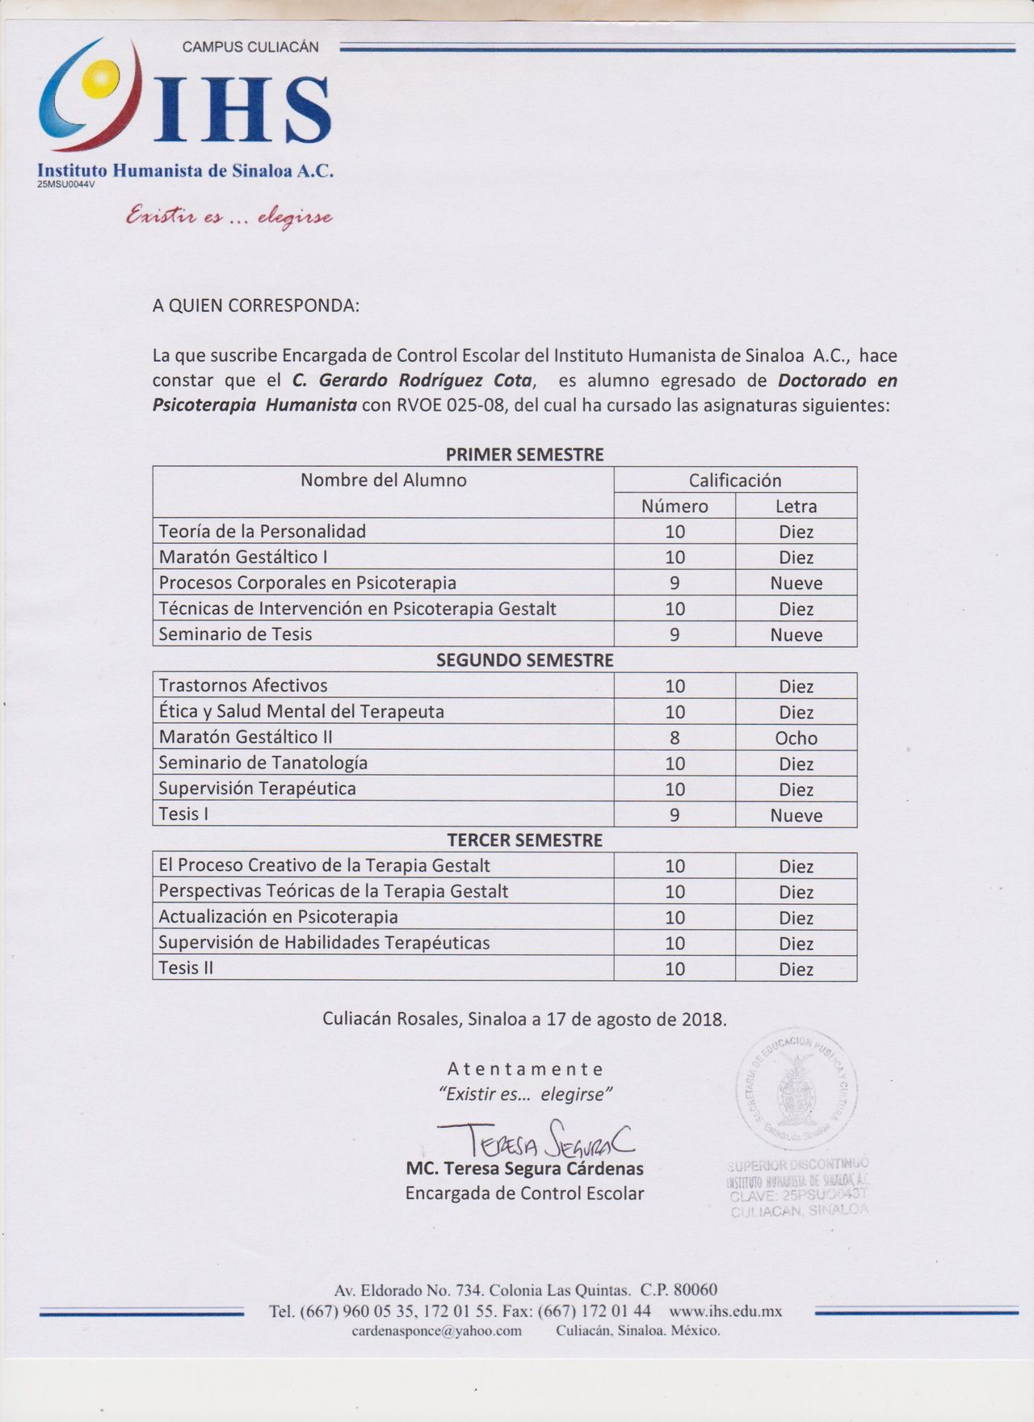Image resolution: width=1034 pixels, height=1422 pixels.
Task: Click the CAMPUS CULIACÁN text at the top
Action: [250, 47]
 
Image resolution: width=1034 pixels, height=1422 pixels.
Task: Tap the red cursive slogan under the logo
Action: [229, 217]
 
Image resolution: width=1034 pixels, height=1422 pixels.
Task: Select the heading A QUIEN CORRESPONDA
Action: [255, 306]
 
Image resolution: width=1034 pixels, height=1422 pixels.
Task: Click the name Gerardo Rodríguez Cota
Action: [425, 381]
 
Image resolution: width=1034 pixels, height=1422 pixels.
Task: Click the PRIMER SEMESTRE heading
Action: [524, 454]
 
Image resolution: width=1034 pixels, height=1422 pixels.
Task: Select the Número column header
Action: [675, 507]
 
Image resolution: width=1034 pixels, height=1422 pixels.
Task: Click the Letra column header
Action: [796, 507]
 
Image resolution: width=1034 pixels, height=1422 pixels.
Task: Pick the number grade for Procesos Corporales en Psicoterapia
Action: [675, 583]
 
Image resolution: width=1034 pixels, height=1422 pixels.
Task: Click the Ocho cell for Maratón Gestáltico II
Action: [796, 738]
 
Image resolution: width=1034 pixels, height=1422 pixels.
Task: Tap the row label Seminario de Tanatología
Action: [263, 763]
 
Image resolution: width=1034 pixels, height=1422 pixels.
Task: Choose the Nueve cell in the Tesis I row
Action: [796, 815]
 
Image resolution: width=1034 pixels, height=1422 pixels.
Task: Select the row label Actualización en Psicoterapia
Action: [278, 917]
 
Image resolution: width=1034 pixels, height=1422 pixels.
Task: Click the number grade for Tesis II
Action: [675, 969]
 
